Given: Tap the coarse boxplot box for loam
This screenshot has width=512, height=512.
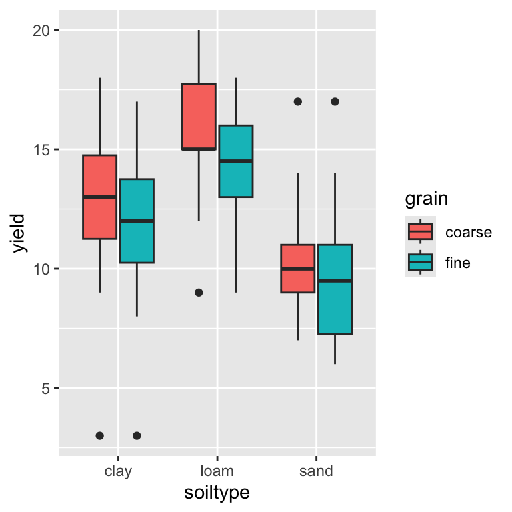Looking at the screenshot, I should tap(199, 116).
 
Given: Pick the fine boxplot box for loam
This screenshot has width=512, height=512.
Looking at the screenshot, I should tap(236, 161).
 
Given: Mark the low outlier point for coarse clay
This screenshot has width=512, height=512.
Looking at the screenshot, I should tap(99, 435).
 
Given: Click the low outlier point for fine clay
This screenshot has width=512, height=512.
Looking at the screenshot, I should tap(137, 435).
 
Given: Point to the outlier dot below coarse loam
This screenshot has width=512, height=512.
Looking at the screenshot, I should tap(199, 292).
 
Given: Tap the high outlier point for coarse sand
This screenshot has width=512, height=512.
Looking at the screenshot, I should tap(297, 101).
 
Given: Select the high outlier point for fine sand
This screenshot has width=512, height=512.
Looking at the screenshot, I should tap(335, 101).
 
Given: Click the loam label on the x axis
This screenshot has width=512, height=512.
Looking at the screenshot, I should tap(217, 471).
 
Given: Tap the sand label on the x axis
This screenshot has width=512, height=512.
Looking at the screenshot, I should tap(316, 471).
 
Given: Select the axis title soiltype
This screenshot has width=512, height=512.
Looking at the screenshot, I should tap(217, 493).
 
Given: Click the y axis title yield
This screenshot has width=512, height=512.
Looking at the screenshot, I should tap(19, 233).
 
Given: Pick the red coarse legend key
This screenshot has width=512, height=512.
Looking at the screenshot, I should tap(421, 231).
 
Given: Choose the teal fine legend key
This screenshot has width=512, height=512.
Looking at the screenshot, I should tap(421, 262).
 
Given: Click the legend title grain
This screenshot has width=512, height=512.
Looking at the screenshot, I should tap(426, 199).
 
